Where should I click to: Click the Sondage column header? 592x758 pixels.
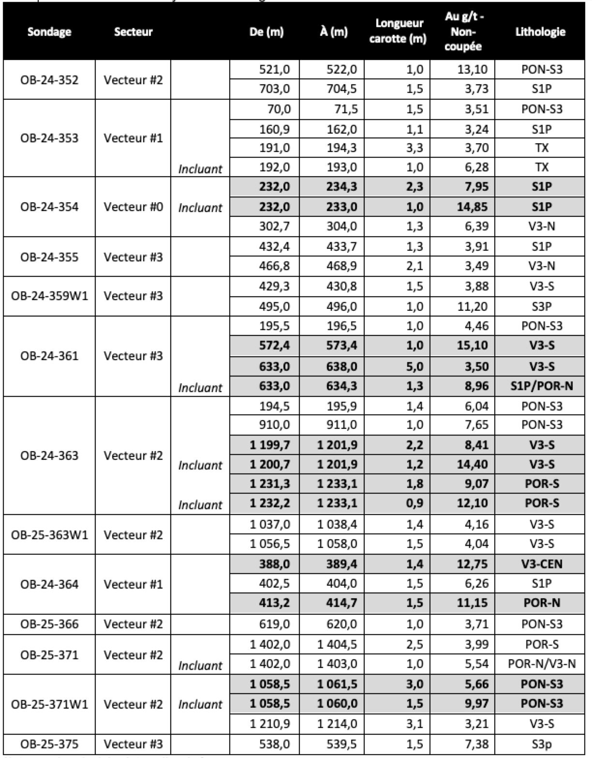coord(49,32)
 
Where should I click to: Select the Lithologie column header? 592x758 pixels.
coord(540,32)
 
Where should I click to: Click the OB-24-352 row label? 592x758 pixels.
coord(49,79)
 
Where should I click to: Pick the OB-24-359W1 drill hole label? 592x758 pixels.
coord(49,296)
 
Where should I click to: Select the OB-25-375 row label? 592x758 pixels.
coord(49,743)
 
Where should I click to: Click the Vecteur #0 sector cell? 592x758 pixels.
coord(133,207)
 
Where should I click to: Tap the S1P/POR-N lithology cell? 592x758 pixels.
coord(542,386)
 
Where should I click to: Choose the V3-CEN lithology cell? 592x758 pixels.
coord(542,564)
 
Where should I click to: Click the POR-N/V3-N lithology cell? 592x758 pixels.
coord(542,664)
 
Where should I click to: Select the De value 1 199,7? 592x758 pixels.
coord(270,445)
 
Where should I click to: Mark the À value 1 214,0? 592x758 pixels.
coord(337,724)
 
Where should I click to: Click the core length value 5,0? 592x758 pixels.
coord(414,366)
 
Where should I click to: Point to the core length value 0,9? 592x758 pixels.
coord(414,503)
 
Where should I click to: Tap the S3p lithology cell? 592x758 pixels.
coord(542,743)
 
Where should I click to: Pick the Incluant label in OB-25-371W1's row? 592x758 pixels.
coord(200,704)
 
